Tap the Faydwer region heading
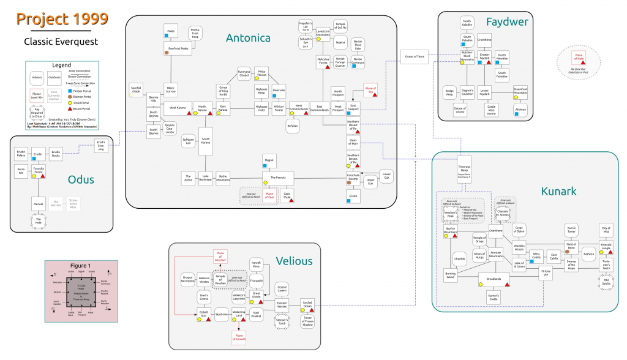506,23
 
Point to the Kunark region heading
558,191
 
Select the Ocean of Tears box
415,57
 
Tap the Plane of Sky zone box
370,90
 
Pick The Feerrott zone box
278,177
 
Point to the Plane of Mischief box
220,257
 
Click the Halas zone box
170,31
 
